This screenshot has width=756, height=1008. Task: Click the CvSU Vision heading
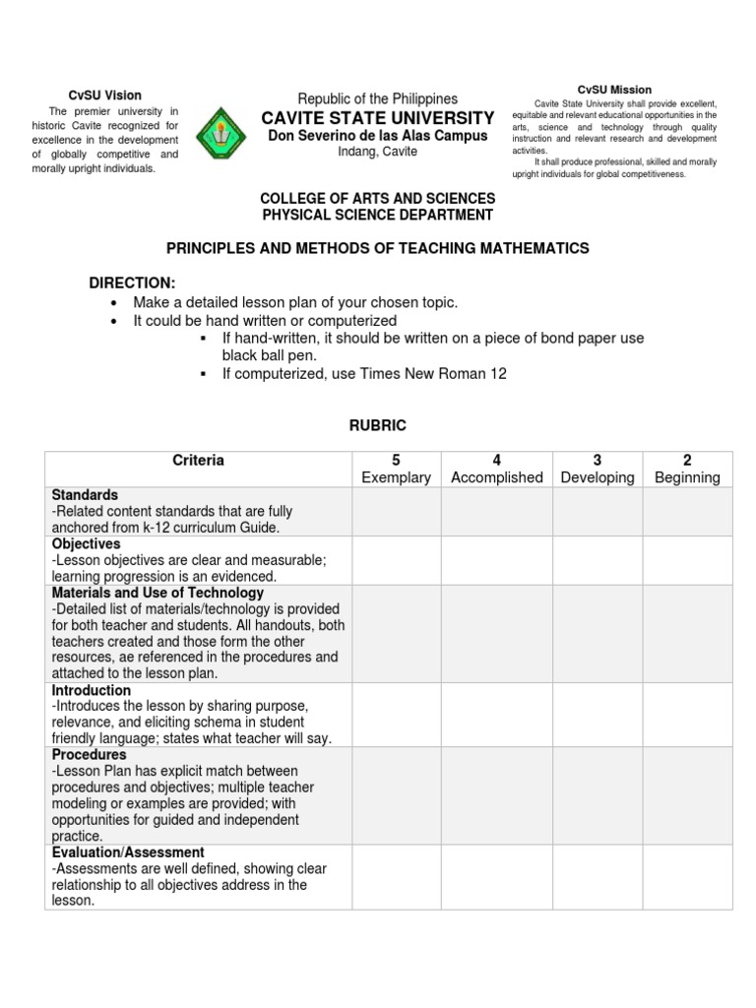point(105,95)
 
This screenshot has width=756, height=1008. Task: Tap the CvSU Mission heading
point(614,90)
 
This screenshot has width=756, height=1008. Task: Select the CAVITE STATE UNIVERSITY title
point(378,118)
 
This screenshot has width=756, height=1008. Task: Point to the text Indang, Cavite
point(378,152)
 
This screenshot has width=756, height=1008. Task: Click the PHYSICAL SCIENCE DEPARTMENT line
point(377,215)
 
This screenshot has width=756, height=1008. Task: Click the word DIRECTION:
point(132,283)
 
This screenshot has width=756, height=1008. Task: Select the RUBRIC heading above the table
point(377,424)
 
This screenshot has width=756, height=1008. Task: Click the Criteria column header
point(198,460)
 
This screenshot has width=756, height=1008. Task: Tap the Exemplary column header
point(397,477)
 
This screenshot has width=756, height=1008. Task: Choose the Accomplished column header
point(496,477)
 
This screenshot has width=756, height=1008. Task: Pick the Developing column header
point(598,477)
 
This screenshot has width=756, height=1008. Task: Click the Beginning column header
point(687,477)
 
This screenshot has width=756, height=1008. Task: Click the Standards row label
point(85,495)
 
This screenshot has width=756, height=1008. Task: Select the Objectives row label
point(87,543)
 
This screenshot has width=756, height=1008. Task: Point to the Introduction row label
point(92,691)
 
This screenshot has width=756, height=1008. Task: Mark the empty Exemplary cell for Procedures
point(397,795)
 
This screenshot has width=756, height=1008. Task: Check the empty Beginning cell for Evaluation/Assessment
point(687,877)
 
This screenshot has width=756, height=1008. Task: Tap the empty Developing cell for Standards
point(598,512)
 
